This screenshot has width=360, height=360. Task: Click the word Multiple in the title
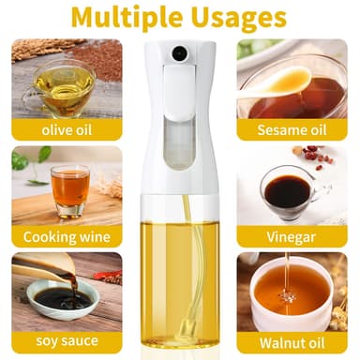pos(127,18)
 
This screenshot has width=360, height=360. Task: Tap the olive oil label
pos(67,129)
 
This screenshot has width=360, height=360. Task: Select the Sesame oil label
pos(292,129)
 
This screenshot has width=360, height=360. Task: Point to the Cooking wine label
pos(67,237)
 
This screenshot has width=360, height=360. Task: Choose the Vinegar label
pos(291,237)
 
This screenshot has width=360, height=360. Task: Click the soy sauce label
pos(67,340)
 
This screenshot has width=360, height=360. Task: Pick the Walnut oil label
pos(292,343)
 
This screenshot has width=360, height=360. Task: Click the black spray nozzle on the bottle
pos(179,52)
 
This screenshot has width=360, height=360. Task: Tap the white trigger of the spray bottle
pos(179,91)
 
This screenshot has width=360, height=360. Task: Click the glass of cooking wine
pos(70,191)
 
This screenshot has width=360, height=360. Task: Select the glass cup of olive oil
pos(60,87)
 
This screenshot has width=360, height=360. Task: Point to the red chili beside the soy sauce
pos(108,276)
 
